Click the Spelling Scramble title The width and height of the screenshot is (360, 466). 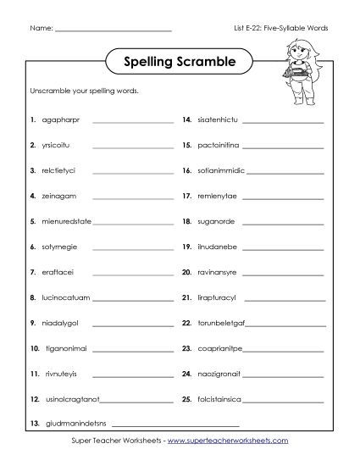179,62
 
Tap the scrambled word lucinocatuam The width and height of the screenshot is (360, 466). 66,298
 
